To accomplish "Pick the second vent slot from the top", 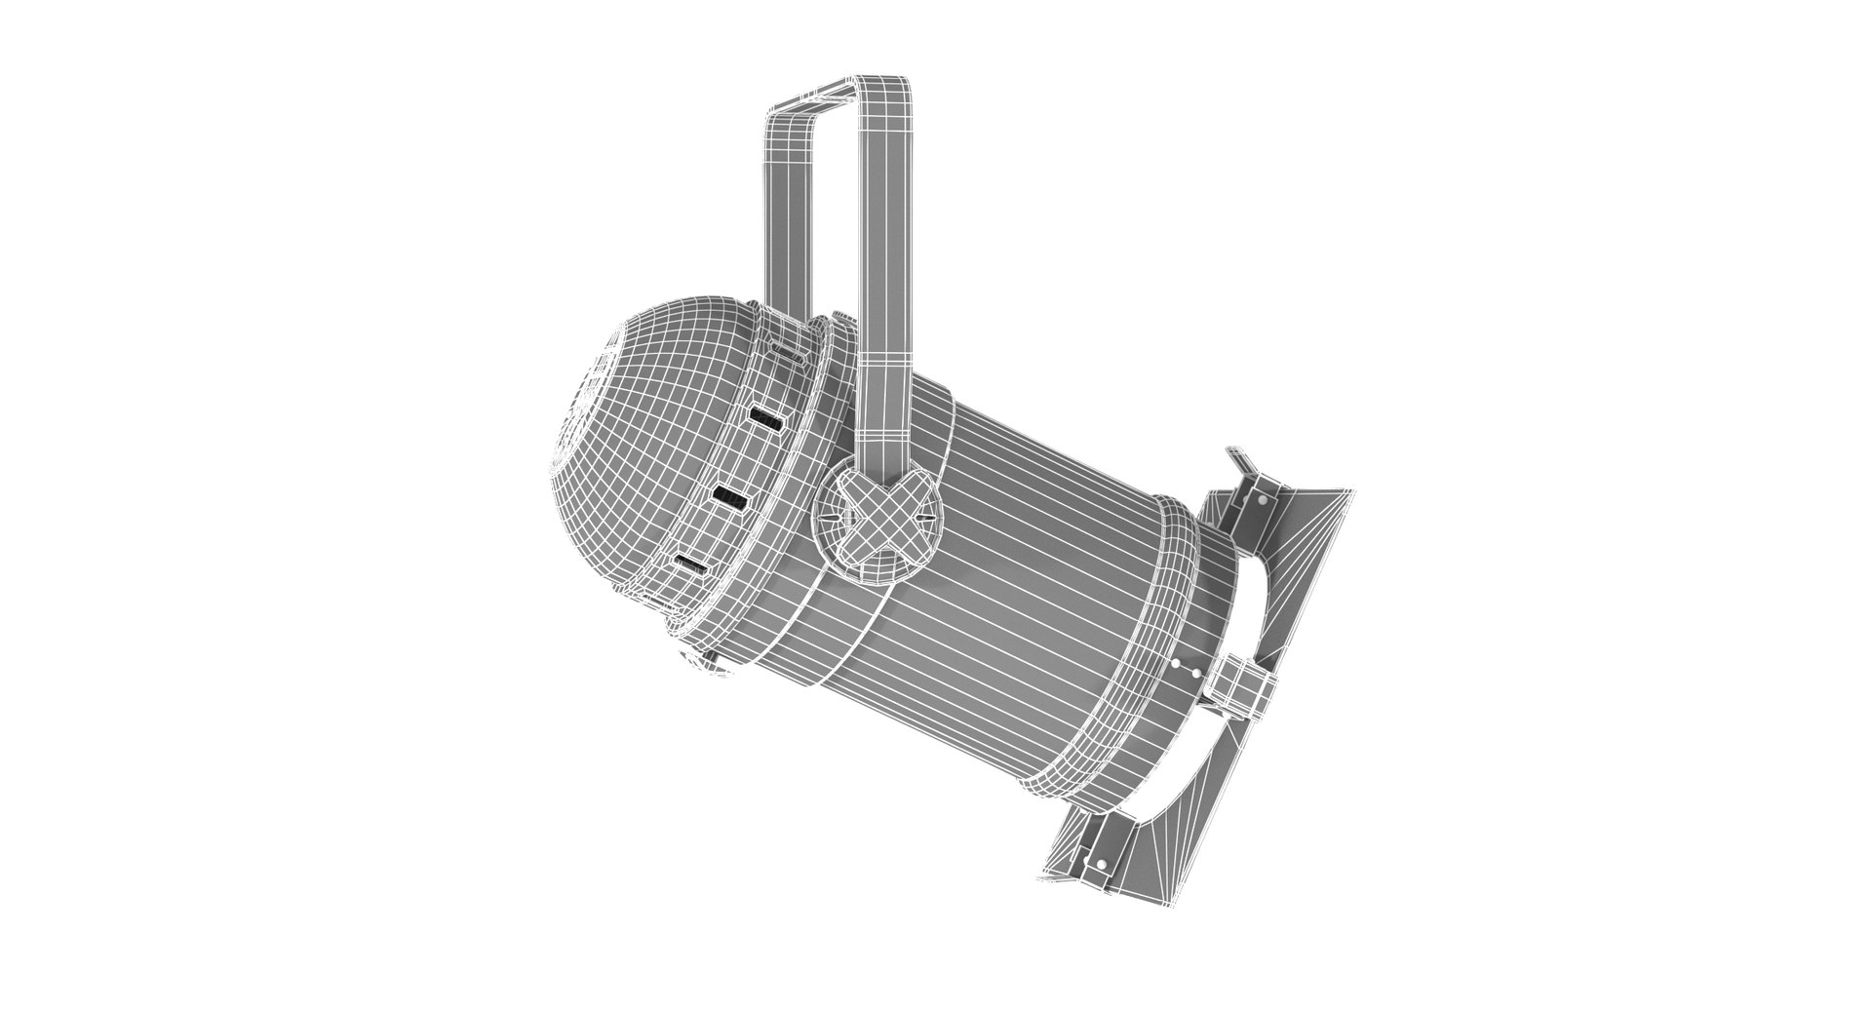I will coord(766,420).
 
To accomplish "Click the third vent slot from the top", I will coord(729,498).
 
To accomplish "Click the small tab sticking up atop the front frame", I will coord(1238,458).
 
